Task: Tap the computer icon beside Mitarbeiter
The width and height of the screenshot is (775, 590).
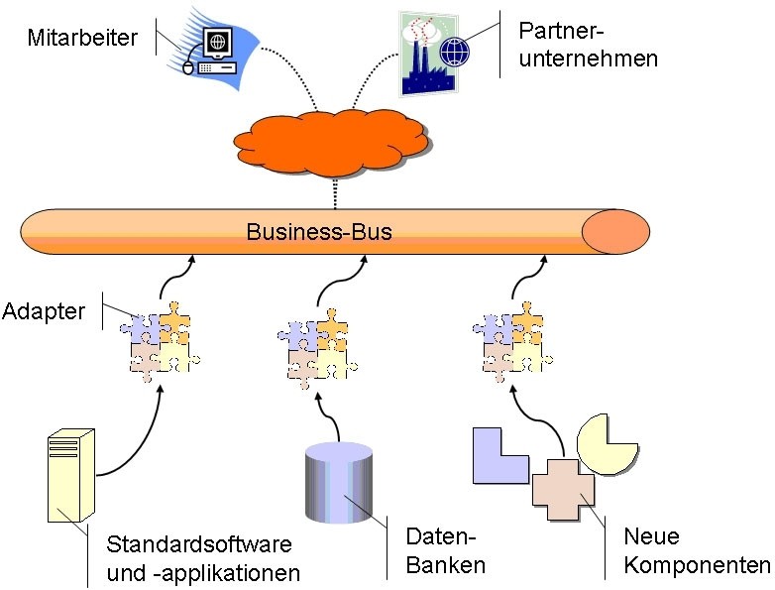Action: [x=212, y=51]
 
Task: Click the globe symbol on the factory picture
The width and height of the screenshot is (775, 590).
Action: [x=453, y=50]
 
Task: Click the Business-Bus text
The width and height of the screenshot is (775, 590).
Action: [x=319, y=232]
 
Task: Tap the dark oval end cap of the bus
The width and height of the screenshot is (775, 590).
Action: [x=613, y=232]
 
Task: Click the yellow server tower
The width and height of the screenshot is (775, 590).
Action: [x=70, y=474]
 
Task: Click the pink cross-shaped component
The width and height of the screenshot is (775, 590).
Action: [x=563, y=488]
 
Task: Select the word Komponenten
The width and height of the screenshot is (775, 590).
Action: [x=697, y=565]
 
